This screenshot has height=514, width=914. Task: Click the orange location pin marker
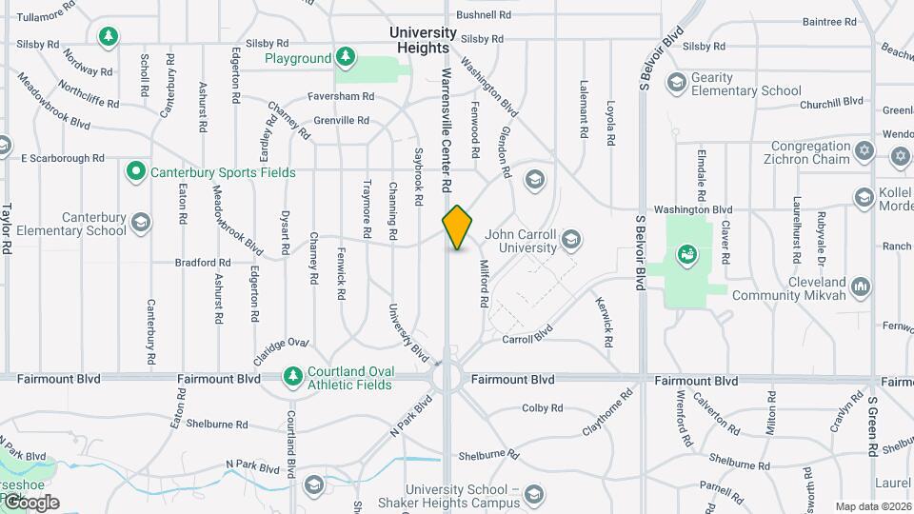457,227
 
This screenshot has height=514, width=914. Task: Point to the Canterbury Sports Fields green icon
136,172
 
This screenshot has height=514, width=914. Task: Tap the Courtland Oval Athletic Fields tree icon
292,378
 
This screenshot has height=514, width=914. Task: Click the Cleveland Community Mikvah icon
862,286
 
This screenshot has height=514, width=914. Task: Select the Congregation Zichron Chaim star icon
865,151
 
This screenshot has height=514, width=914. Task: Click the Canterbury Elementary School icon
141,224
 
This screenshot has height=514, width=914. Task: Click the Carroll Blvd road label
527,338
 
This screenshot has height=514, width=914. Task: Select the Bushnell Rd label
484,15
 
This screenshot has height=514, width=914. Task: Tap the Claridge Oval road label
282,348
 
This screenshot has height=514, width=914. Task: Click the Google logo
30,503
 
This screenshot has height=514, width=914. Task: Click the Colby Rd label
543,408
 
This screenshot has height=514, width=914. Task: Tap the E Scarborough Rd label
62,158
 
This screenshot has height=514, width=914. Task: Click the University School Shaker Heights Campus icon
534,492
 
